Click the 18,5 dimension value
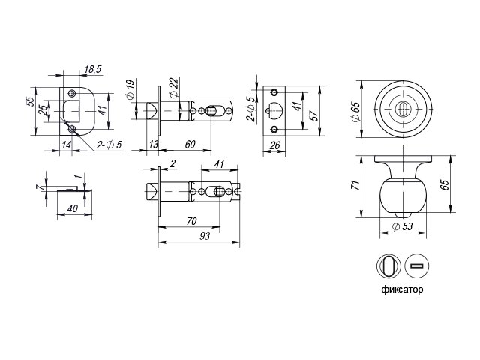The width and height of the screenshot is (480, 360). pos(93,70)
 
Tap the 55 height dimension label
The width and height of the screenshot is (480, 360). pos(30,101)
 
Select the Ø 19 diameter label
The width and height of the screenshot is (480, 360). pos(130,89)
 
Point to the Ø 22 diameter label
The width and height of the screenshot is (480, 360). pos(173,88)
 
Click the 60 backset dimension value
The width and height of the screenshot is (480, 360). pos(190,145)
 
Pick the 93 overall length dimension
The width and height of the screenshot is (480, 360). pos(205,235)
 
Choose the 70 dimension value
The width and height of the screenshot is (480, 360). pos(192,221)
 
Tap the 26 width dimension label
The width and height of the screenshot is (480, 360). pos(274,145)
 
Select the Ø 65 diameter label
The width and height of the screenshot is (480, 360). pos(356,112)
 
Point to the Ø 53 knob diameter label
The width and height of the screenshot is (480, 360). pos(402,226)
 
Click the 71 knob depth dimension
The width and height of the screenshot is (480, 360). pos(355,185)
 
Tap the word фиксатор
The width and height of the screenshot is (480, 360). pos(402,289)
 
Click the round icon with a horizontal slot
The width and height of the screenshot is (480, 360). pos(417,265)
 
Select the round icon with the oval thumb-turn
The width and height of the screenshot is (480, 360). pos(388,265)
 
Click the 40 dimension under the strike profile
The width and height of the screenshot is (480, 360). pos(73,208)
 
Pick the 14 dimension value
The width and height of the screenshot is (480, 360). pos(67,145)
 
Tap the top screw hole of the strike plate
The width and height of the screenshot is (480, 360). pos(72,93)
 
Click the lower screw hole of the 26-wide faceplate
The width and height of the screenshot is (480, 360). pos(274,130)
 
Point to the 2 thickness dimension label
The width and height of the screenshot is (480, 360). pos(172,163)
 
